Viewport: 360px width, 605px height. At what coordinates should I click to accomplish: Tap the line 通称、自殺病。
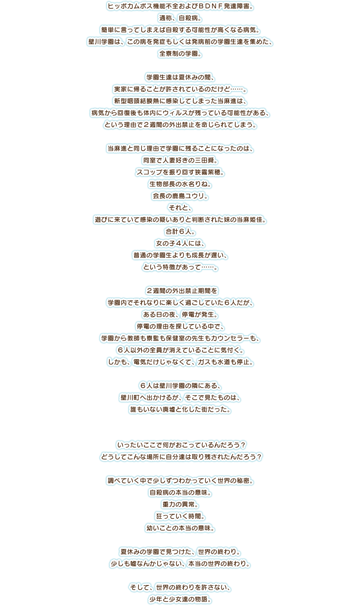(x=180, y=19)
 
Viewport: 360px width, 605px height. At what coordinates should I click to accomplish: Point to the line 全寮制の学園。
(x=180, y=54)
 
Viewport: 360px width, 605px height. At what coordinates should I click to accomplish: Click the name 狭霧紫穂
(x=206, y=172)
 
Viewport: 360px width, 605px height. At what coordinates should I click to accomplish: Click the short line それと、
(x=180, y=207)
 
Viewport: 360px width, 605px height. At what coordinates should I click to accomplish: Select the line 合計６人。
(x=180, y=231)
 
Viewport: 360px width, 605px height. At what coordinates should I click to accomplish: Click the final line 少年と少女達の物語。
(x=180, y=599)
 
